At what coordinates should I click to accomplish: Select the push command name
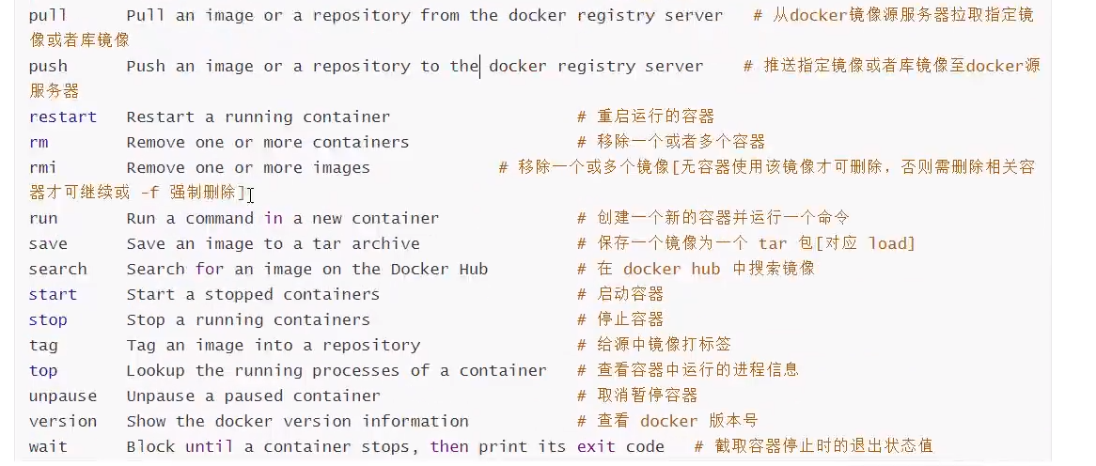pyautogui.click(x=48, y=67)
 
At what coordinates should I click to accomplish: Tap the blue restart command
pyautogui.click(x=63, y=117)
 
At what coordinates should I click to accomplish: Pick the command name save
pyautogui.click(x=48, y=244)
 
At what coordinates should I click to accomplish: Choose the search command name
pyautogui.click(x=58, y=270)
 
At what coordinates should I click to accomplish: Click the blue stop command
pyautogui.click(x=48, y=320)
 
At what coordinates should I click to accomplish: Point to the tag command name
pyautogui.click(x=43, y=346)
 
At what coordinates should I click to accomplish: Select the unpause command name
pyautogui.click(x=63, y=396)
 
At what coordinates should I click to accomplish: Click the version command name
pyautogui.click(x=63, y=422)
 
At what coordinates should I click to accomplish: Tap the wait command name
pyautogui.click(x=48, y=447)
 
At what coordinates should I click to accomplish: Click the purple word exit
pyautogui.click(x=596, y=447)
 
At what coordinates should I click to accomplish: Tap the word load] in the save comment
pyautogui.click(x=891, y=244)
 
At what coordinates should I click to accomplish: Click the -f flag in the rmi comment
pyautogui.click(x=149, y=194)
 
